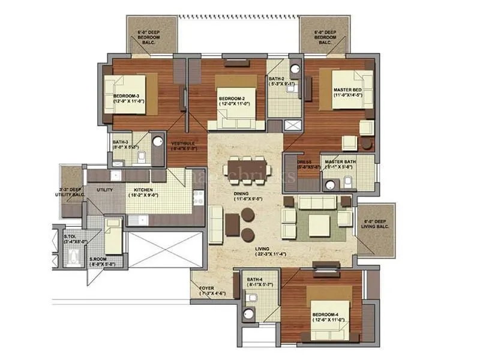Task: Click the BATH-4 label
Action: click(x=260, y=280)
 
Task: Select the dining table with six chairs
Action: click(x=245, y=167)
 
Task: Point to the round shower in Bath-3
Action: click(x=158, y=141)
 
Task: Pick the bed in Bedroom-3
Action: click(x=135, y=94)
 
